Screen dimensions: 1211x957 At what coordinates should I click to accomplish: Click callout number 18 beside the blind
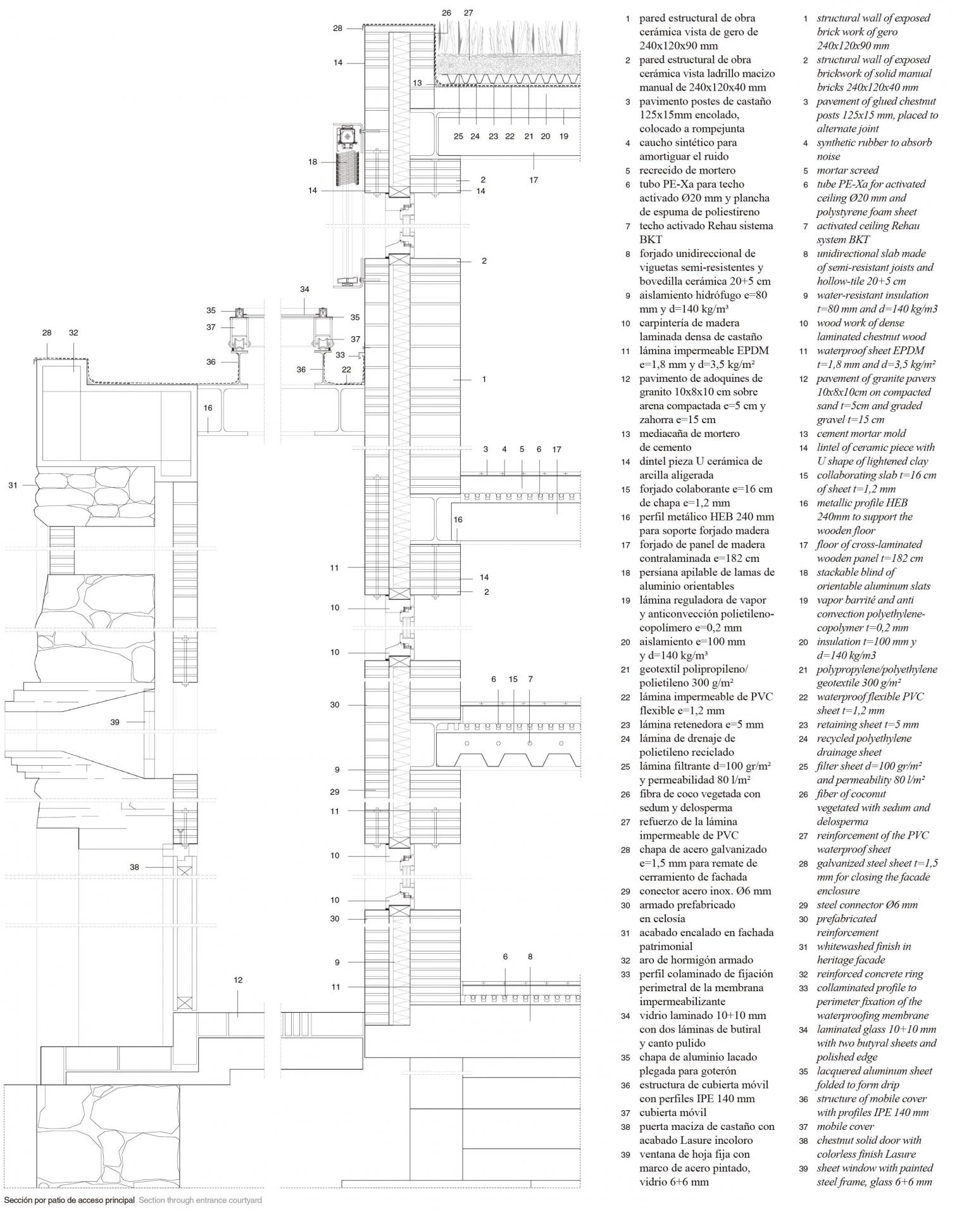pos(313,162)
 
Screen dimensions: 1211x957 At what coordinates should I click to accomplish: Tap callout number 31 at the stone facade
pos(13,485)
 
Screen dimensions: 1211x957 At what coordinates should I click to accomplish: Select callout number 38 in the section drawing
pos(134,867)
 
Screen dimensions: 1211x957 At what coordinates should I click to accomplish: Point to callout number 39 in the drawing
pos(115,721)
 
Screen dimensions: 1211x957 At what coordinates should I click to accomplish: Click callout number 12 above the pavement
pos(238,980)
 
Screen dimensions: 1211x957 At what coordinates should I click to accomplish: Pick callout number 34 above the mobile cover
pos(305,289)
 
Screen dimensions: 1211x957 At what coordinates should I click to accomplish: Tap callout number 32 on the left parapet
pos(73,333)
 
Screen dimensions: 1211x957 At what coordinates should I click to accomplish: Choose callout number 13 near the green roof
pos(417,83)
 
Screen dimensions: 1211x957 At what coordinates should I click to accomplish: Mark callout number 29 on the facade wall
pos(335,792)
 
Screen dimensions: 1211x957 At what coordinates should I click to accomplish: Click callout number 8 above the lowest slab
pos(530,957)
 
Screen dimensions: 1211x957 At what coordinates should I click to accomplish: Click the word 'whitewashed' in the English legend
pos(847,946)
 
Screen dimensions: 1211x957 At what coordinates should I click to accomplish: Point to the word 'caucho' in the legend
pos(656,143)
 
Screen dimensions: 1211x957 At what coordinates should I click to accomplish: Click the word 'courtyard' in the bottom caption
pos(242,1200)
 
